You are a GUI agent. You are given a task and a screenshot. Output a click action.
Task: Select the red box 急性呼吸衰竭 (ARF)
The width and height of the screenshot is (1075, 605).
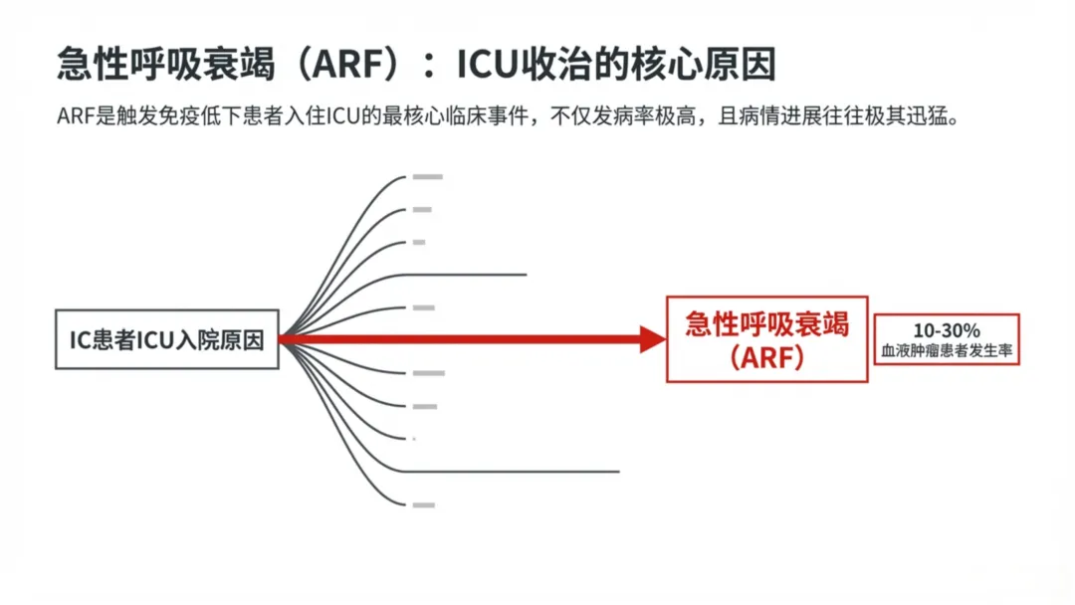tap(766, 339)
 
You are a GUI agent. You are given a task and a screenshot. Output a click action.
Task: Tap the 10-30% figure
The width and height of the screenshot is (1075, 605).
tap(947, 329)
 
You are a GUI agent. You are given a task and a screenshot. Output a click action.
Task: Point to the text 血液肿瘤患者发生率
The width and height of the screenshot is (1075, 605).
tap(947, 351)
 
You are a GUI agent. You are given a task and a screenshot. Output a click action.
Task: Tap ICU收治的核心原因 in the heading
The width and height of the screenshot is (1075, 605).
tap(616, 65)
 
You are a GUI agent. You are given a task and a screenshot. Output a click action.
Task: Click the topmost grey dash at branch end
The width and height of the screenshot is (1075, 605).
tap(427, 177)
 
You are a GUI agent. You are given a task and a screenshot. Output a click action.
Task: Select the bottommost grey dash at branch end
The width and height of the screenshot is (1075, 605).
tap(423, 504)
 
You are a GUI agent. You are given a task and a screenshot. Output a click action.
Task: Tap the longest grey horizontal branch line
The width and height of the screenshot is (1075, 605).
tap(518, 471)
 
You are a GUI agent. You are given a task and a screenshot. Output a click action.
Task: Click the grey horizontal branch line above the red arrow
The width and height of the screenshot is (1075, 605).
tap(468, 274)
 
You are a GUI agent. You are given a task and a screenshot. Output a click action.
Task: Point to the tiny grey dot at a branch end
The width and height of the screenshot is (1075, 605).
tap(414, 439)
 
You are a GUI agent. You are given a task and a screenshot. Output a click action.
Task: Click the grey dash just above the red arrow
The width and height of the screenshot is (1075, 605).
tap(423, 307)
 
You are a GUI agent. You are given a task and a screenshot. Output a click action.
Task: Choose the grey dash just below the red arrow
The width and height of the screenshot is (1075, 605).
tap(428, 373)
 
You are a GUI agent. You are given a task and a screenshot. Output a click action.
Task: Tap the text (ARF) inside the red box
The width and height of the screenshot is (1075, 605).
tap(766, 358)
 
